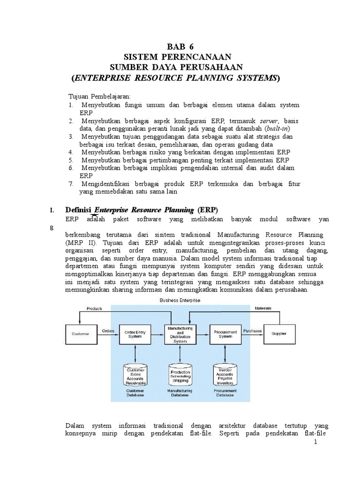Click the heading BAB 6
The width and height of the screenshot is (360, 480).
click(x=180, y=47)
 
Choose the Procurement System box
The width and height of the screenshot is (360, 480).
click(x=225, y=334)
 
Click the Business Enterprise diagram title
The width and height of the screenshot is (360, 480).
click(x=180, y=300)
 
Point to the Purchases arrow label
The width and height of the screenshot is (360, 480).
click(x=253, y=330)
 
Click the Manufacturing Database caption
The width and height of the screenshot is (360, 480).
click(x=180, y=393)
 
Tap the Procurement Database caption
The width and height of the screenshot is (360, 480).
click(x=225, y=393)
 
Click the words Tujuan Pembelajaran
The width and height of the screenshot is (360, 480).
click(x=99, y=96)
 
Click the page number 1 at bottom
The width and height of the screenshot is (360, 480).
click(x=316, y=442)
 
